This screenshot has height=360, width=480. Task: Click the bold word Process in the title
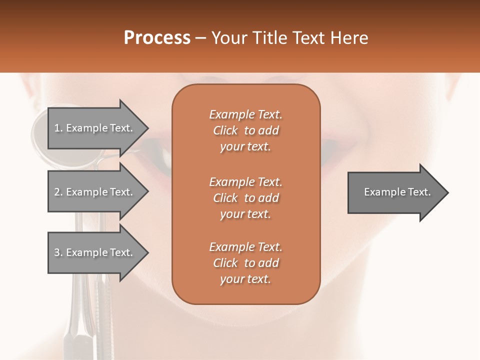click(x=157, y=38)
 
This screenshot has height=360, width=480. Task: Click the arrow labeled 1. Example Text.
click(x=95, y=128)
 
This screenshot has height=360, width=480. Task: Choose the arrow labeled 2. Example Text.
click(x=95, y=192)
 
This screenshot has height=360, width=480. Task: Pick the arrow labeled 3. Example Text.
click(x=95, y=252)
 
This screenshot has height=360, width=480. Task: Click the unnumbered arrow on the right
click(x=395, y=192)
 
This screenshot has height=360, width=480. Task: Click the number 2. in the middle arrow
click(x=58, y=192)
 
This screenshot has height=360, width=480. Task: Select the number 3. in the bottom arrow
click(x=58, y=252)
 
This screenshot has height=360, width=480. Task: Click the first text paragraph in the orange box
click(x=245, y=130)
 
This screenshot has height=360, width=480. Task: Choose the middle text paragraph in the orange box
click(x=245, y=198)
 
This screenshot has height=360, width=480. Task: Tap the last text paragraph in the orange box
click(x=245, y=263)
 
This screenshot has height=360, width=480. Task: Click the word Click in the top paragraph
click(x=225, y=130)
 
